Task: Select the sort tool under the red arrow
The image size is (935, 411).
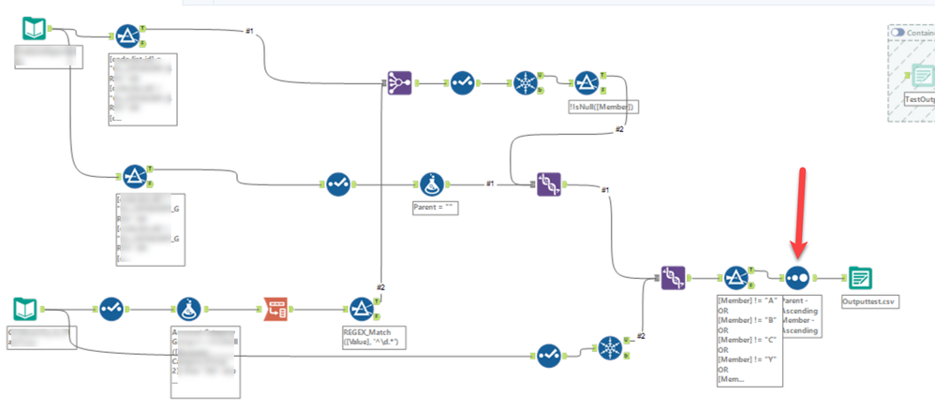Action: [x=797, y=277]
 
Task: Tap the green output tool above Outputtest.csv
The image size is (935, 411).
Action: [x=861, y=277]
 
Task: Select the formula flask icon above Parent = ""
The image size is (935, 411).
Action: [x=430, y=183]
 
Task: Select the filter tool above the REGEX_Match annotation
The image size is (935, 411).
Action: [x=362, y=307]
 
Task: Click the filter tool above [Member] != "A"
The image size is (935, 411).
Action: [x=735, y=277]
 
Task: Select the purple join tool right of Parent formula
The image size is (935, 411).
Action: [x=551, y=183]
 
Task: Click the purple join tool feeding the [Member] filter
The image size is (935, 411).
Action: [x=673, y=277]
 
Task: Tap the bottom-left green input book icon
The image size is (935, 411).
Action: [x=28, y=307]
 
